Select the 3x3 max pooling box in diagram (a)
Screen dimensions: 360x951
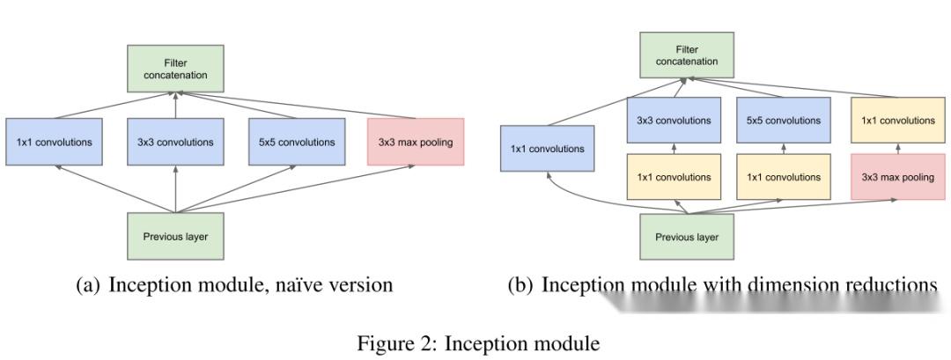(415, 142)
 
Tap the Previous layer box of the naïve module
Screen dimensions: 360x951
(175, 236)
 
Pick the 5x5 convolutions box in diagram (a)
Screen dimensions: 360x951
(296, 142)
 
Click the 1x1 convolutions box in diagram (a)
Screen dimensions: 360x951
(55, 142)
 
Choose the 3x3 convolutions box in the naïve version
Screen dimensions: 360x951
(175, 142)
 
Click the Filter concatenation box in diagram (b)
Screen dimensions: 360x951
(686, 55)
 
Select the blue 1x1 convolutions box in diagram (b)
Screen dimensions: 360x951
(547, 149)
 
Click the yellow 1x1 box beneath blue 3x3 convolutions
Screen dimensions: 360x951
(674, 177)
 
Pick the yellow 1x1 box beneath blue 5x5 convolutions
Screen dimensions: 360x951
(784, 177)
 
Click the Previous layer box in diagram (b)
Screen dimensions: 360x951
(686, 237)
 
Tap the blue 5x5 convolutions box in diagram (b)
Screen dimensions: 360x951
(784, 121)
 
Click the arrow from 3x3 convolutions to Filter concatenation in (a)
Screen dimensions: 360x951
(175, 105)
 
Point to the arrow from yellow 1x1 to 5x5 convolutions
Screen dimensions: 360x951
(784, 148)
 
